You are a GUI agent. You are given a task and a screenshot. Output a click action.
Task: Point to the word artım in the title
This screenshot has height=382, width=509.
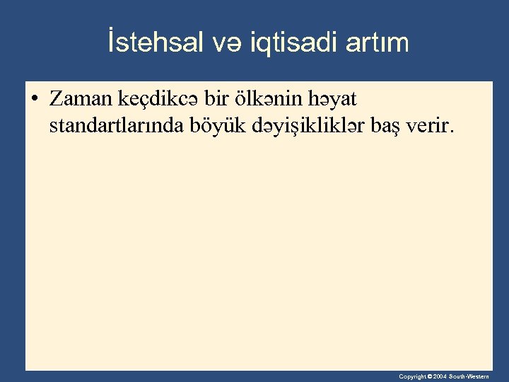pos(378,43)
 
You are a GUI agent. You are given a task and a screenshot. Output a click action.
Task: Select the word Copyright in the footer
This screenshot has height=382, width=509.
pos(411,377)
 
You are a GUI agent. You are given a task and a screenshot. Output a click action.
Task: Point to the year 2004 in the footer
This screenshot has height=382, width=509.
pos(440,377)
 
